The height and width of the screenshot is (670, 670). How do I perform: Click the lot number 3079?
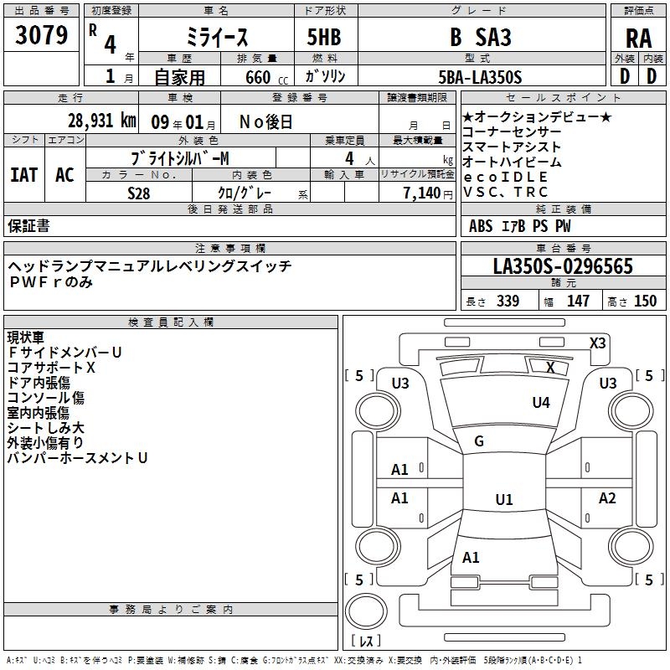(41, 36)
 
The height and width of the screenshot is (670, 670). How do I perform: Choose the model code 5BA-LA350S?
(480, 77)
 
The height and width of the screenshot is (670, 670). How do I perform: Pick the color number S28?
(139, 193)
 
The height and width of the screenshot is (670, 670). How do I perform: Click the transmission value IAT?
(23, 174)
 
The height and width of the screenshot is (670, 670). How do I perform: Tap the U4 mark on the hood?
(541, 403)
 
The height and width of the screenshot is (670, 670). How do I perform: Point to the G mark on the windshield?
(479, 441)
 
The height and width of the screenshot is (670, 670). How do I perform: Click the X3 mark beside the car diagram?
(597, 343)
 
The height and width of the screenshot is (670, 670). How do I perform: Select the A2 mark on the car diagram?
(607, 498)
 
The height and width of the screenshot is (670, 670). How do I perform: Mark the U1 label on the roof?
(503, 500)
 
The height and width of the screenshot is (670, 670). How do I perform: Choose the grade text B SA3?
(481, 38)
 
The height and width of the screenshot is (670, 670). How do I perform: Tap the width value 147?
(578, 301)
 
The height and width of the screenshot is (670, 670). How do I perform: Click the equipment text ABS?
(481, 226)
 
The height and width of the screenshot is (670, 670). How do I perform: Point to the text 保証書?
(28, 226)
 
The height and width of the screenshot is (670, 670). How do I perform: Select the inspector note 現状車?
(27, 338)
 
